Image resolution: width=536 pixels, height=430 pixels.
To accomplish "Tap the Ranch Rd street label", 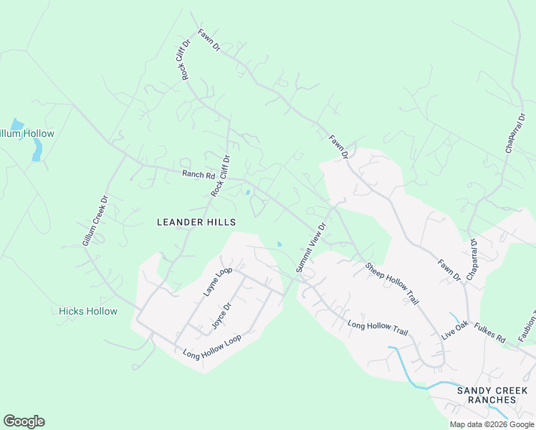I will (198, 174).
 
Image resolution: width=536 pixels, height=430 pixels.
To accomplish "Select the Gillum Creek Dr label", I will (95, 221).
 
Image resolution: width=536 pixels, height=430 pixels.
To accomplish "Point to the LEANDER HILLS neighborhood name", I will (196, 222).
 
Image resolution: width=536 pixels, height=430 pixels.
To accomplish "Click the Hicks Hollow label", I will (87, 311).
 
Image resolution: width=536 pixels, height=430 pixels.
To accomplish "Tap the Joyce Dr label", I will (221, 315).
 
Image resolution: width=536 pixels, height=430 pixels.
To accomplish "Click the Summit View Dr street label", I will (311, 247).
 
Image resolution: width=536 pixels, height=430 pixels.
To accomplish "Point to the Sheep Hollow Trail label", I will (391, 285).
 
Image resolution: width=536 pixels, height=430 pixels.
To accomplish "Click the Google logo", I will (24, 421).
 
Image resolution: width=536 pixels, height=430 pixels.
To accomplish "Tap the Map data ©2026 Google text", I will (492, 424).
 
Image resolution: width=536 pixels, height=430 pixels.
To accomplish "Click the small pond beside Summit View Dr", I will (279, 245).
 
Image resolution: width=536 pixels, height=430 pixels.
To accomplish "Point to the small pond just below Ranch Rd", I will (247, 192).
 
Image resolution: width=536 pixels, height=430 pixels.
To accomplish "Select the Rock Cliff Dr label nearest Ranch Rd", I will (221, 176).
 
